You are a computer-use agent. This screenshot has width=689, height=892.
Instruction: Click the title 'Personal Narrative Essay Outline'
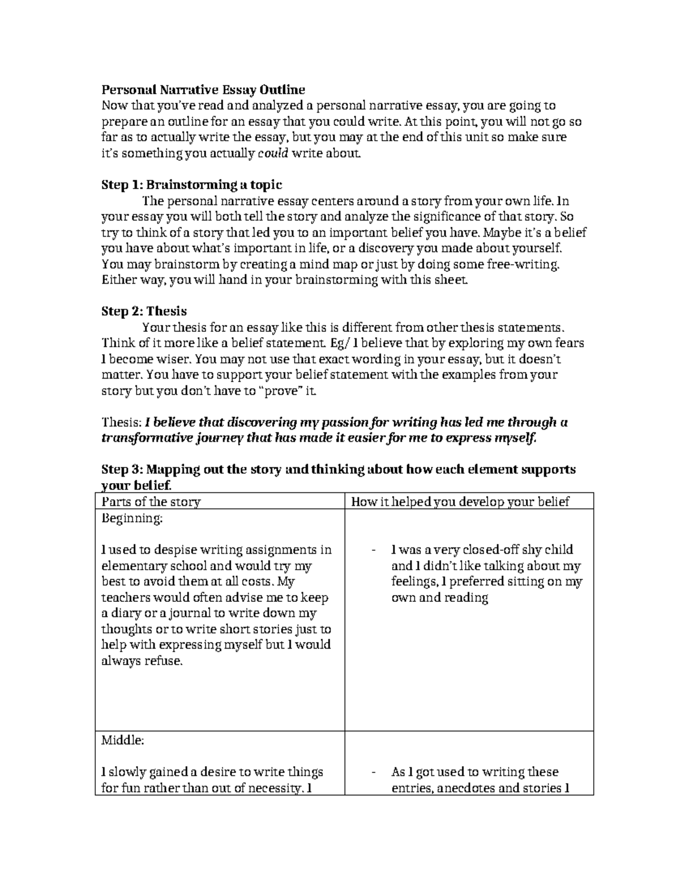click(x=203, y=90)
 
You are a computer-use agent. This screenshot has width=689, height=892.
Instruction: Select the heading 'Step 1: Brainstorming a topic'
click(x=192, y=184)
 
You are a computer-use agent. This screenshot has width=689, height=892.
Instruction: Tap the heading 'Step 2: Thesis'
click(x=144, y=311)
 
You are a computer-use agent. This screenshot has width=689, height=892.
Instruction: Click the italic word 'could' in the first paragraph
click(x=273, y=153)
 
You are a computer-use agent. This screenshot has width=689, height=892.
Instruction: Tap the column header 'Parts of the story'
click(x=151, y=502)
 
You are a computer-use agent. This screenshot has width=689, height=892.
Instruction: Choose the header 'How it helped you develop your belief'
click(x=460, y=502)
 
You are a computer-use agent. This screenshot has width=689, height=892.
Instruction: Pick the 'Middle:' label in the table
click(x=122, y=740)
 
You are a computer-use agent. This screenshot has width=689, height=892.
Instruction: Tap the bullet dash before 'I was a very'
click(x=374, y=550)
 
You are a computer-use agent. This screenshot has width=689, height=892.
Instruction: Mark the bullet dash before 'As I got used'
click(x=374, y=773)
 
